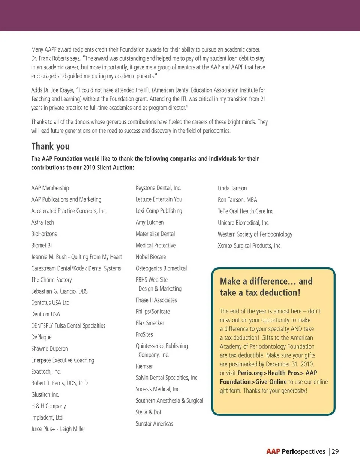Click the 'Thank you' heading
pyautogui.click(x=50, y=146)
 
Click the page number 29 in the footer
pyautogui.click(x=335, y=451)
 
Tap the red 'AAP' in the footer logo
pyautogui.click(x=273, y=451)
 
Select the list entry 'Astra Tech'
pyautogui.click(x=42, y=222)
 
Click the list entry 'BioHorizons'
pyautogui.click(x=44, y=234)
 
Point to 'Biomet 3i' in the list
pyautogui.click(x=41, y=246)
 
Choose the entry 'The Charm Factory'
pyautogui.click(x=51, y=280)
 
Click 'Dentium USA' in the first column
pyautogui.click(x=45, y=314)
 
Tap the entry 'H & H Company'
pyautogui.click(x=48, y=406)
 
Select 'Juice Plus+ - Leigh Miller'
pyautogui.click(x=58, y=429)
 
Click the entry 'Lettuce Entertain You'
pyautogui.click(x=159, y=199)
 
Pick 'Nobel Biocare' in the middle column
pyautogui.click(x=150, y=257)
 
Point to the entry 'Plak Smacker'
pyautogui.click(x=150, y=323)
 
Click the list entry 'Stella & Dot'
pyautogui.click(x=148, y=412)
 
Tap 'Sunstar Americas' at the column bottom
pyautogui.click(x=154, y=424)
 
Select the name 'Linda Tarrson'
pyautogui.click(x=232, y=188)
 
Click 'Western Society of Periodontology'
pyautogui.click(x=255, y=234)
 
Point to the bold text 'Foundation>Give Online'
pyautogui.click(x=253, y=382)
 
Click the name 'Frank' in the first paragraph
pyautogui.click(x=45, y=58)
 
